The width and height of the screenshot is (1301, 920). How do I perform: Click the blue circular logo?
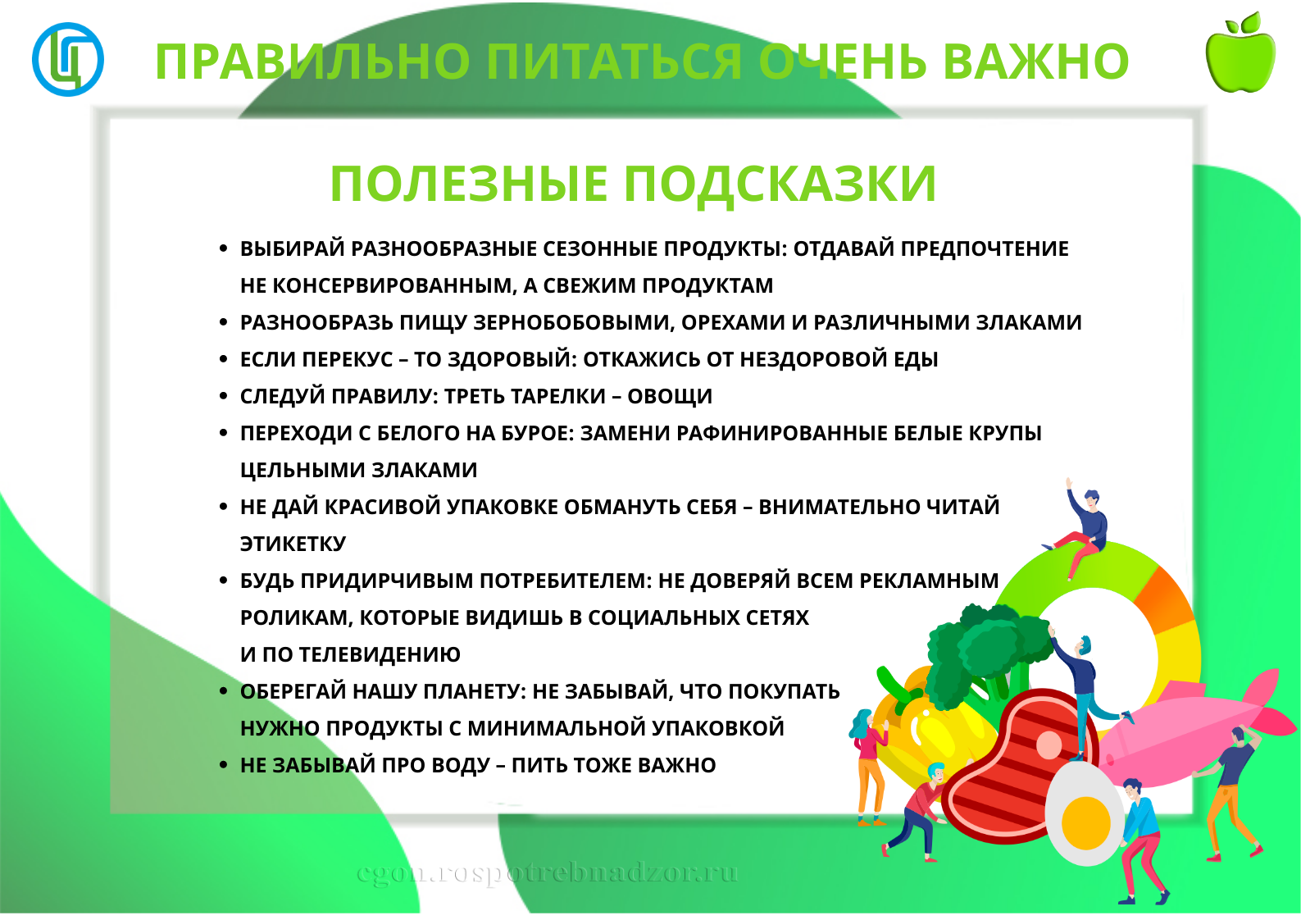[68, 59]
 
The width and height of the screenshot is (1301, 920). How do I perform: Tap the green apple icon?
[1240, 52]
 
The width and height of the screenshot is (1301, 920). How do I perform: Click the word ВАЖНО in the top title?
[1035, 61]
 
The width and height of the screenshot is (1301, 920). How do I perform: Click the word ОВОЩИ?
[670, 396]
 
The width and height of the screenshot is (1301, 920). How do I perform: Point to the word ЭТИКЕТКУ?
[293, 544]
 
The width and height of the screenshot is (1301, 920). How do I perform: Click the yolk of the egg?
[1085, 823]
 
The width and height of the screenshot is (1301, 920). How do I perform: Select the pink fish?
[1190, 731]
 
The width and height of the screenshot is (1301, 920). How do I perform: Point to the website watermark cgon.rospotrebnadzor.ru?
[547, 872]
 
